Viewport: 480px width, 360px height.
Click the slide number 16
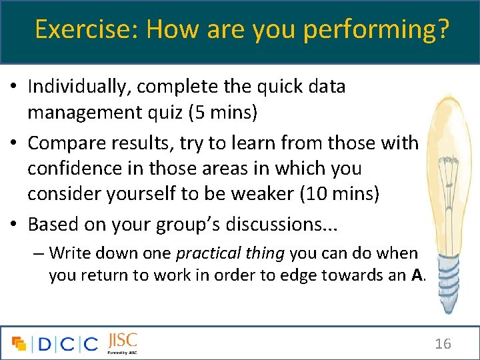(x=443, y=344)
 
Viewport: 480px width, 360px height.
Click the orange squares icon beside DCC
(x=19, y=343)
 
